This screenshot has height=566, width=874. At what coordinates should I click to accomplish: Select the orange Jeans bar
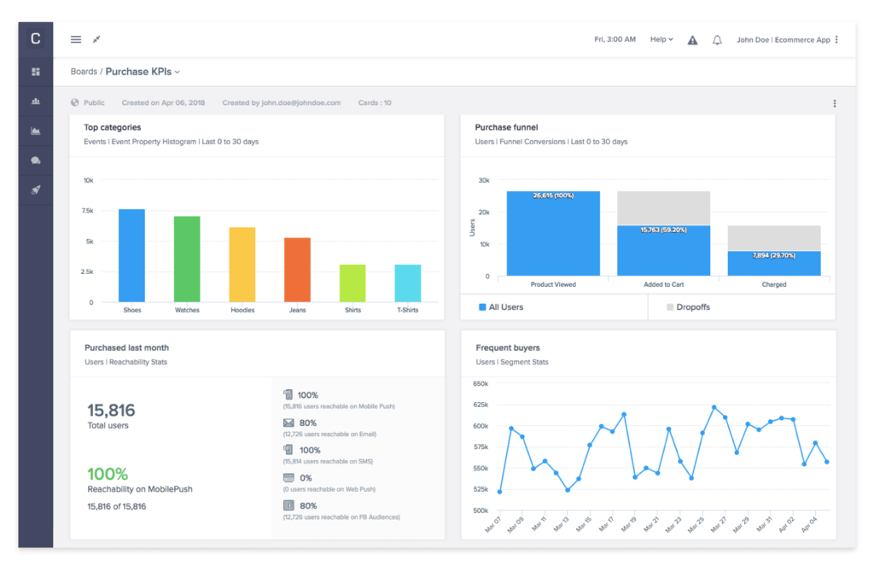point(297,270)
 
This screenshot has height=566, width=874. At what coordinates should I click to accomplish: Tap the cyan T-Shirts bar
point(407,283)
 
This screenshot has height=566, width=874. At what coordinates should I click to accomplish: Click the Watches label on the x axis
point(187,310)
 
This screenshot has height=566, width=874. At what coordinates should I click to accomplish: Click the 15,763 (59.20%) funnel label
point(663,229)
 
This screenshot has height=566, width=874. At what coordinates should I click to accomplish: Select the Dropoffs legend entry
point(691,306)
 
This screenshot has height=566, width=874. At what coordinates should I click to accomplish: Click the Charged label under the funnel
point(774,284)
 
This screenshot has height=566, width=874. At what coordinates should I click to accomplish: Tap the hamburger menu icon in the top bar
point(76,39)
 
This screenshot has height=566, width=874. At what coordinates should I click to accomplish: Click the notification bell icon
point(717,40)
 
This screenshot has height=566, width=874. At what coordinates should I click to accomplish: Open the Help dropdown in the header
point(661,39)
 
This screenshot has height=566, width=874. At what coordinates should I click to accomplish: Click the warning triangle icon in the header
point(692,40)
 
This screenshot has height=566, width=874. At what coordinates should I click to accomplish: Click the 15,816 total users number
point(111,411)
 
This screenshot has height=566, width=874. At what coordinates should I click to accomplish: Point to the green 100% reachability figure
point(108,474)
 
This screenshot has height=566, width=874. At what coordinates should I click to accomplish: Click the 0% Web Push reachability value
point(305,477)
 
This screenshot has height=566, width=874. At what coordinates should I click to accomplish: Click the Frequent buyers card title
point(507,347)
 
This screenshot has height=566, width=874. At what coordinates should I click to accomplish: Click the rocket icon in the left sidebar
point(36,190)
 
